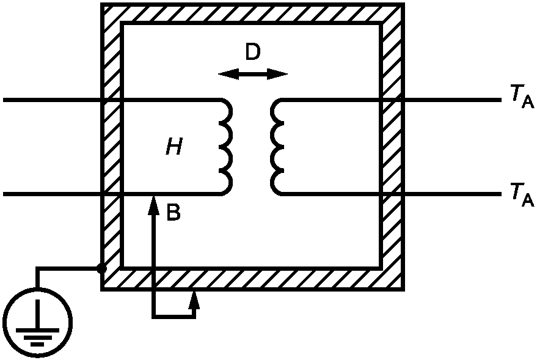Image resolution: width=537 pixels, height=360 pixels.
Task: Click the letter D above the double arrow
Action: pyautogui.click(x=253, y=53)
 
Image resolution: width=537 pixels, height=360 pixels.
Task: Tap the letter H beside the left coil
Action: pyautogui.click(x=174, y=147)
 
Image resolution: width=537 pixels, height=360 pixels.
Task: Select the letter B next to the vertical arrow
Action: pyautogui.click(x=174, y=212)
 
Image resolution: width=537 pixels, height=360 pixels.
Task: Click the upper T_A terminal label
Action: pyautogui.click(x=522, y=97)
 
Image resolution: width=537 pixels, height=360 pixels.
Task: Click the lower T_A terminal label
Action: pyautogui.click(x=522, y=195)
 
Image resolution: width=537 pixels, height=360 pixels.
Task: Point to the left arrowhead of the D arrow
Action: pyautogui.click(x=228, y=74)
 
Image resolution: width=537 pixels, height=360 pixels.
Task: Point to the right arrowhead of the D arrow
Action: pyautogui.click(x=277, y=74)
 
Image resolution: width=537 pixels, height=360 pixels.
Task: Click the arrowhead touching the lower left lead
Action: pyautogui.click(x=154, y=205)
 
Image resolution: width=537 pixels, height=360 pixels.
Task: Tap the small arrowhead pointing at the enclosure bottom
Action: pyautogui.click(x=194, y=299)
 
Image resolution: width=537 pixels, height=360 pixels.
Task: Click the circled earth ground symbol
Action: pyautogui.click(x=38, y=323)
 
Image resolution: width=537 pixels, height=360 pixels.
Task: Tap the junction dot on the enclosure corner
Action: pyautogui.click(x=101, y=268)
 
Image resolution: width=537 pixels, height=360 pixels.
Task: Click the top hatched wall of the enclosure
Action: pyautogui.click(x=253, y=13)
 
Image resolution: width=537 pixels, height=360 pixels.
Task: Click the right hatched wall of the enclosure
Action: pyautogui.click(x=392, y=147)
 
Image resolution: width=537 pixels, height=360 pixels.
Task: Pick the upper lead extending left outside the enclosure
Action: pyautogui.click(x=52, y=100)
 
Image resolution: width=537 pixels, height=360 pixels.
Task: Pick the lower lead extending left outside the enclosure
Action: pyautogui.click(x=52, y=194)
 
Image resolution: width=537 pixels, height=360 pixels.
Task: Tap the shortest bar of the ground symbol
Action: pyautogui.click(x=37, y=344)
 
